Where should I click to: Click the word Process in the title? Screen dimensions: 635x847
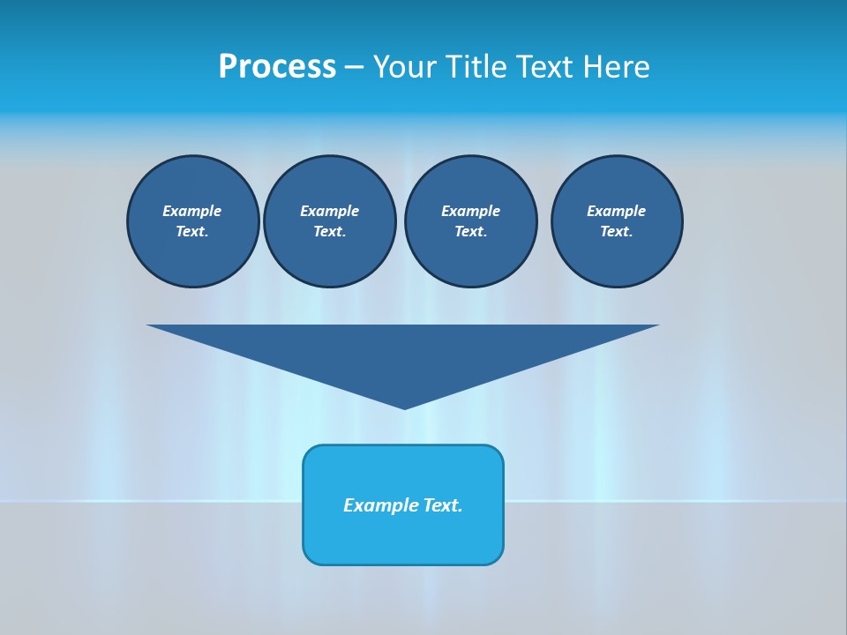click(277, 67)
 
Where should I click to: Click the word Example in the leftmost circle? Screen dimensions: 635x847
click(192, 211)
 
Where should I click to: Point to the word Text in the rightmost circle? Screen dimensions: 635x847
click(616, 231)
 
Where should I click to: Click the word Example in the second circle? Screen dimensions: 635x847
click(329, 211)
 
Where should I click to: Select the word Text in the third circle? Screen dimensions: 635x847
click(470, 231)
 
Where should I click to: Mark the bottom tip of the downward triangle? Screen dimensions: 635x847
click(404, 407)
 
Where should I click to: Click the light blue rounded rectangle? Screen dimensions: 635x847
click(403, 538)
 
